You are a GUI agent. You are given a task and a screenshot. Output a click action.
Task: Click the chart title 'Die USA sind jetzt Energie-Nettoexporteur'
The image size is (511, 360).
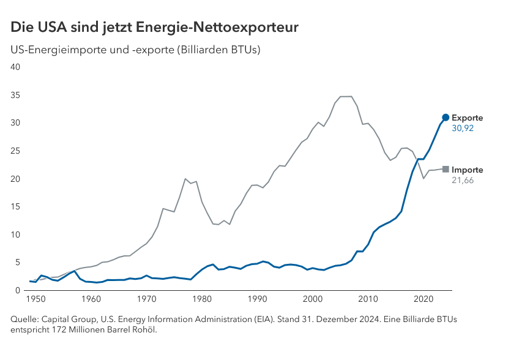coord(154,28)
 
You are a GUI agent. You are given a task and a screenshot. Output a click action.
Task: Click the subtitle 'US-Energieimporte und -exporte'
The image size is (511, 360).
coord(92,50)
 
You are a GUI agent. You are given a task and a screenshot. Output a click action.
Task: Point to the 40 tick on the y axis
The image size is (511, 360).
coord(17,67)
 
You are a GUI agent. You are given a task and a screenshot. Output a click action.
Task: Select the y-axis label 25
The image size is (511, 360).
coord(17,151)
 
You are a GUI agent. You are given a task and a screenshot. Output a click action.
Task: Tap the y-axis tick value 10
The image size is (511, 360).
coord(17,235)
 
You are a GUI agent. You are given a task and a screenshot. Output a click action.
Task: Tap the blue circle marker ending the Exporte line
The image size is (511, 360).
coord(446,118)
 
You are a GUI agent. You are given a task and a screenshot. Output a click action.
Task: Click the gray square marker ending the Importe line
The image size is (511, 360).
coord(446,169)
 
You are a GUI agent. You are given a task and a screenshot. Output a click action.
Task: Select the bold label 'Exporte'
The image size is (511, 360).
coord(467,118)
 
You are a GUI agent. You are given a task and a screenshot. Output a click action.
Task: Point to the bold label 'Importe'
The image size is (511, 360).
coord(467,170)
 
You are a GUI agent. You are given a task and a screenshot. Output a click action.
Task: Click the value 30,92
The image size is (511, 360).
coord(463,129)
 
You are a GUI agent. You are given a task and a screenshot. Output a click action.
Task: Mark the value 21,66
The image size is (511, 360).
coord(463,181)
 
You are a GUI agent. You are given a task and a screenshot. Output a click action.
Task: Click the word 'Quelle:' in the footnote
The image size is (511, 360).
coord(25,320)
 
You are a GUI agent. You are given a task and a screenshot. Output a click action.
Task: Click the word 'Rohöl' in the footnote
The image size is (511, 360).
coord(145,331)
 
